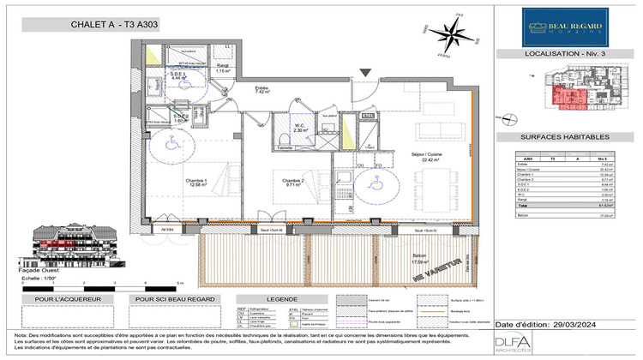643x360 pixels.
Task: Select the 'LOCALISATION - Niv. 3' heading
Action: pos(565,54)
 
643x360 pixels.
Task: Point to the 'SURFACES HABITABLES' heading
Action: pos(565,136)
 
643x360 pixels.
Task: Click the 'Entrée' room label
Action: pos(262,88)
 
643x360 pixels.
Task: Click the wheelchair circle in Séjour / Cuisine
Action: pos(375,181)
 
